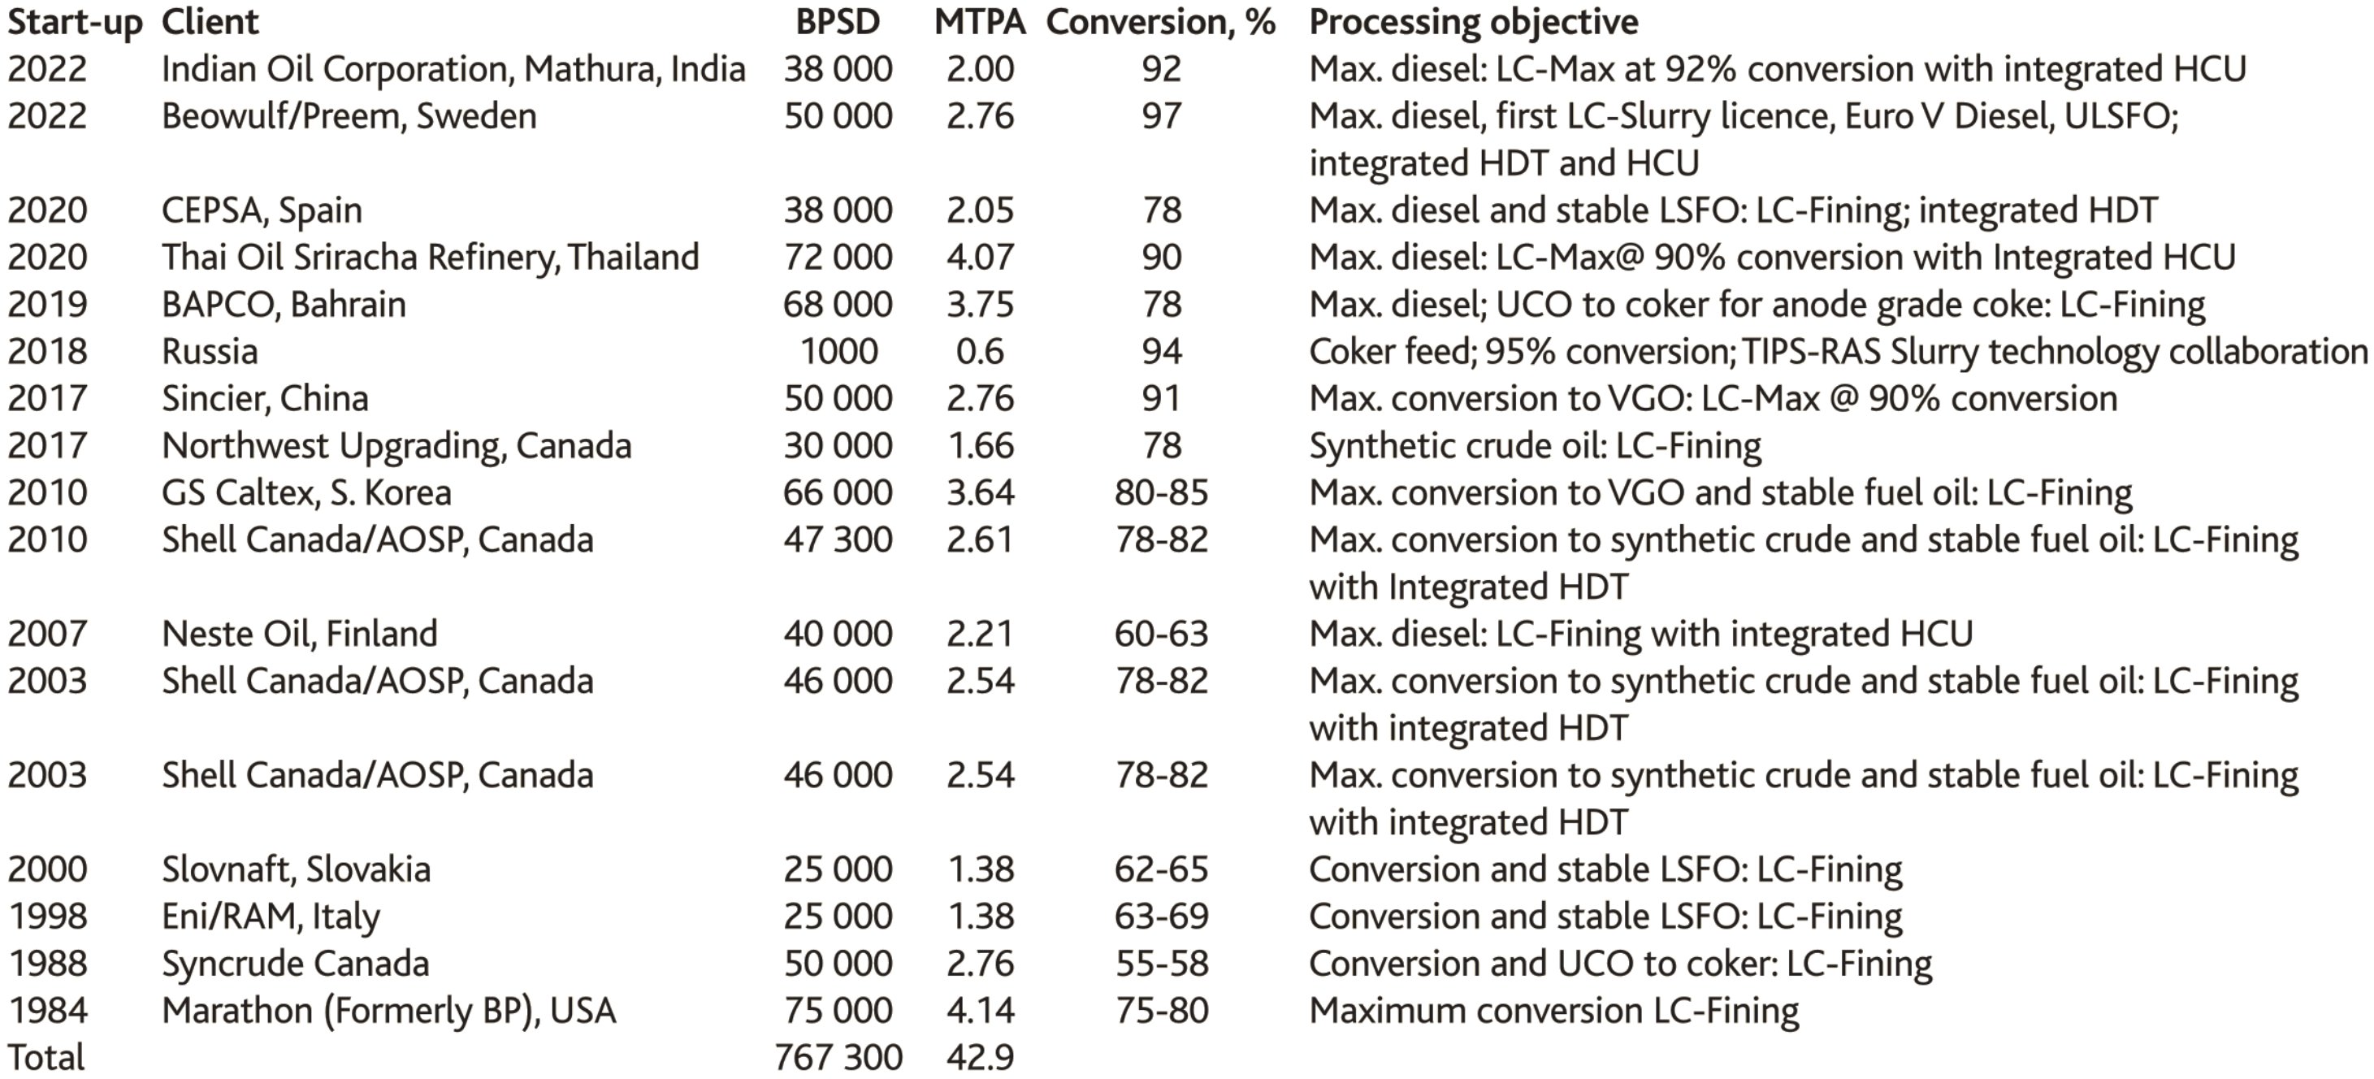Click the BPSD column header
(x=838, y=22)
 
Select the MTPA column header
(x=980, y=22)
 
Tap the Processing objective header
(x=1473, y=22)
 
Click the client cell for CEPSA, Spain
(x=262, y=210)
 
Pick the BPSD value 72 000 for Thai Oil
(x=838, y=257)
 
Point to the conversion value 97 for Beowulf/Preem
(x=1161, y=116)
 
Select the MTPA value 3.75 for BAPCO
(x=980, y=304)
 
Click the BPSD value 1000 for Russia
(x=838, y=351)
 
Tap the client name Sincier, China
(x=266, y=398)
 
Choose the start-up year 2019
(x=47, y=304)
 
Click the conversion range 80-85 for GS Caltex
(x=1161, y=493)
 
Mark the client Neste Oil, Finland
(x=300, y=634)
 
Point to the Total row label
(x=46, y=1057)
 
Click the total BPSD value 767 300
(x=838, y=1057)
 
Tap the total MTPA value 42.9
(x=980, y=1057)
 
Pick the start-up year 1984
(x=48, y=1011)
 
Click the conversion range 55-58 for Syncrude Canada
(x=1161, y=964)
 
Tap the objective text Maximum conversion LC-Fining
(x=1553, y=1011)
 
